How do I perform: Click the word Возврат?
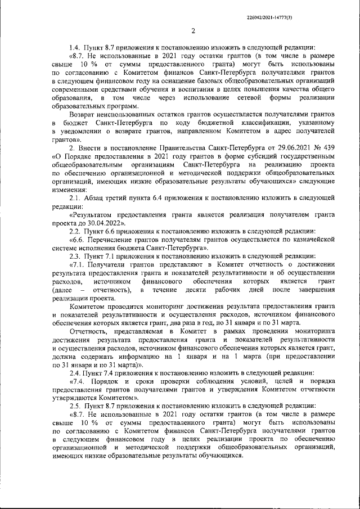click(82, 114)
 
